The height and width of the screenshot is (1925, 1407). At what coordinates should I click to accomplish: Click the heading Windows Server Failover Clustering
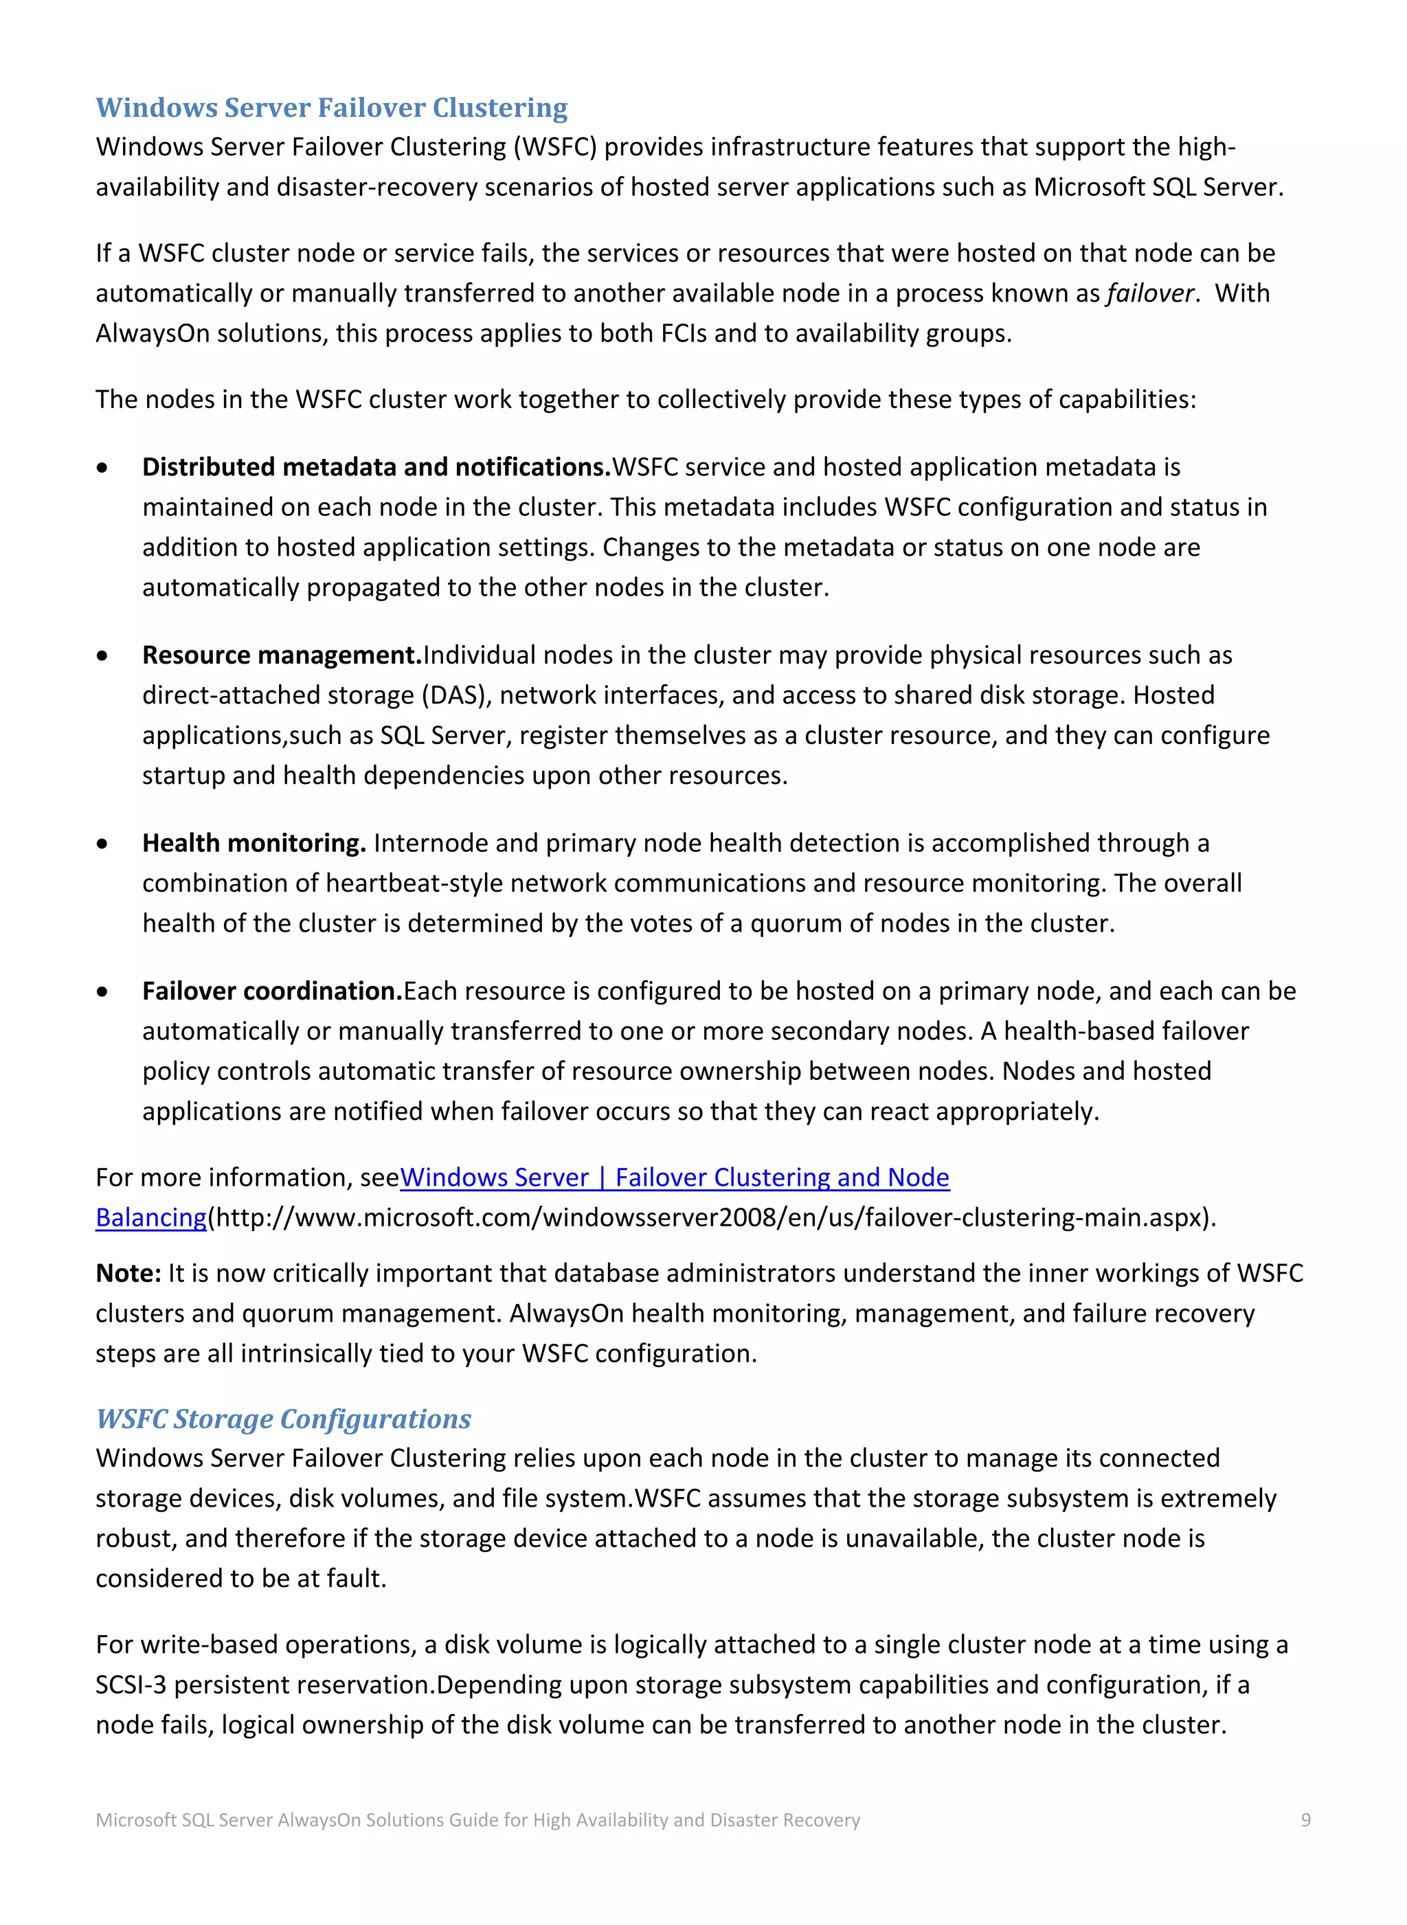click(x=331, y=108)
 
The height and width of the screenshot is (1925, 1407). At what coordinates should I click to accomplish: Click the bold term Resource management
click(x=282, y=655)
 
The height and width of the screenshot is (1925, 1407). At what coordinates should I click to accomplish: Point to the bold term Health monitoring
click(x=254, y=843)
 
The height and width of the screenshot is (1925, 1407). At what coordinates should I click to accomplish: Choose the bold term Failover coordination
click(x=271, y=991)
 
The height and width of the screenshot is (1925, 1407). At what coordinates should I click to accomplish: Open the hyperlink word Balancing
click(x=150, y=1218)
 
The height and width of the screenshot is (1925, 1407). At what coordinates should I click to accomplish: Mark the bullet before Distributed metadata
click(x=102, y=468)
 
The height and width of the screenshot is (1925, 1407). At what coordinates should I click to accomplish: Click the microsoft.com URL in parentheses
click(x=711, y=1218)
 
